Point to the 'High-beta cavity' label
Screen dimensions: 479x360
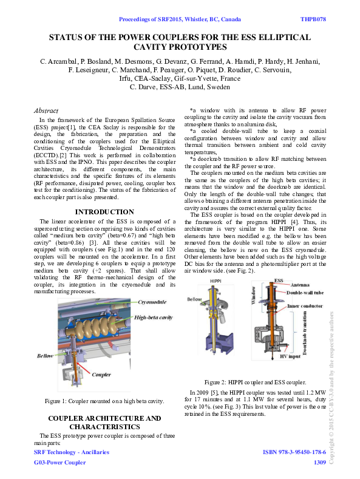click(x=154, y=318)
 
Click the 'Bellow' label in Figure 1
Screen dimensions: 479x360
click(x=46, y=355)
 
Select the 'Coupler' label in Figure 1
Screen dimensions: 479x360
click(x=101, y=375)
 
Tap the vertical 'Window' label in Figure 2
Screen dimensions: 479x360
click(x=254, y=302)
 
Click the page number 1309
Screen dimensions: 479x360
click(x=319, y=463)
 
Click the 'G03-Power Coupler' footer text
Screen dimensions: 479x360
click(x=59, y=463)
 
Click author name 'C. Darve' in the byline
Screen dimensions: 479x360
click(x=143, y=87)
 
